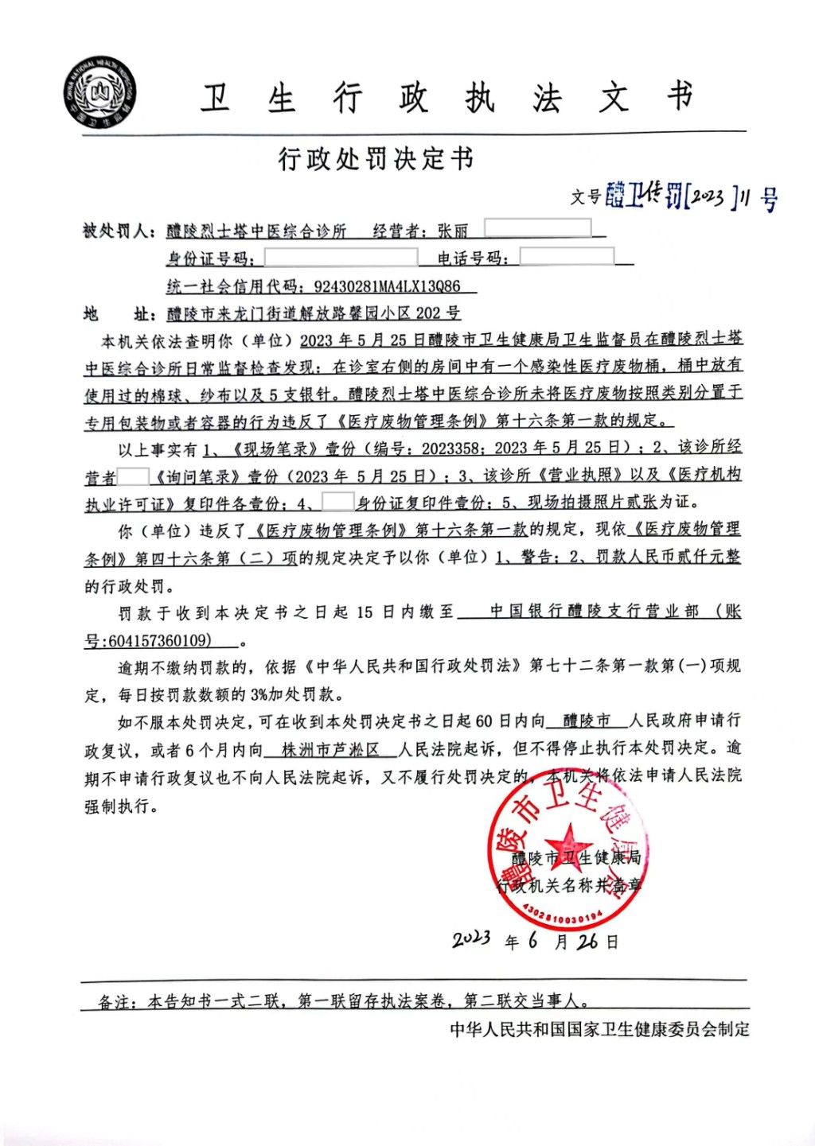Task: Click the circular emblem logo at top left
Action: (x=100, y=93)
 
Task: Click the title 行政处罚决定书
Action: (x=376, y=159)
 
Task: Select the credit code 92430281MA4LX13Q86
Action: (x=387, y=286)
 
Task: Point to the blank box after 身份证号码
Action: (x=341, y=258)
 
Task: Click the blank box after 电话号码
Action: (x=567, y=257)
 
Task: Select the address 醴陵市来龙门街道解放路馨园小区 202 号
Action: (x=313, y=313)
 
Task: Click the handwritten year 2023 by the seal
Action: (x=471, y=939)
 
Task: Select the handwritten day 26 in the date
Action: (x=587, y=942)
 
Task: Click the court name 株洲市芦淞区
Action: (x=330, y=749)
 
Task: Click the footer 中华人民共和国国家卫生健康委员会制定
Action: (x=599, y=1029)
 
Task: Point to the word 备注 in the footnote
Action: (x=115, y=1002)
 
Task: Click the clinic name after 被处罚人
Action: (x=256, y=231)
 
